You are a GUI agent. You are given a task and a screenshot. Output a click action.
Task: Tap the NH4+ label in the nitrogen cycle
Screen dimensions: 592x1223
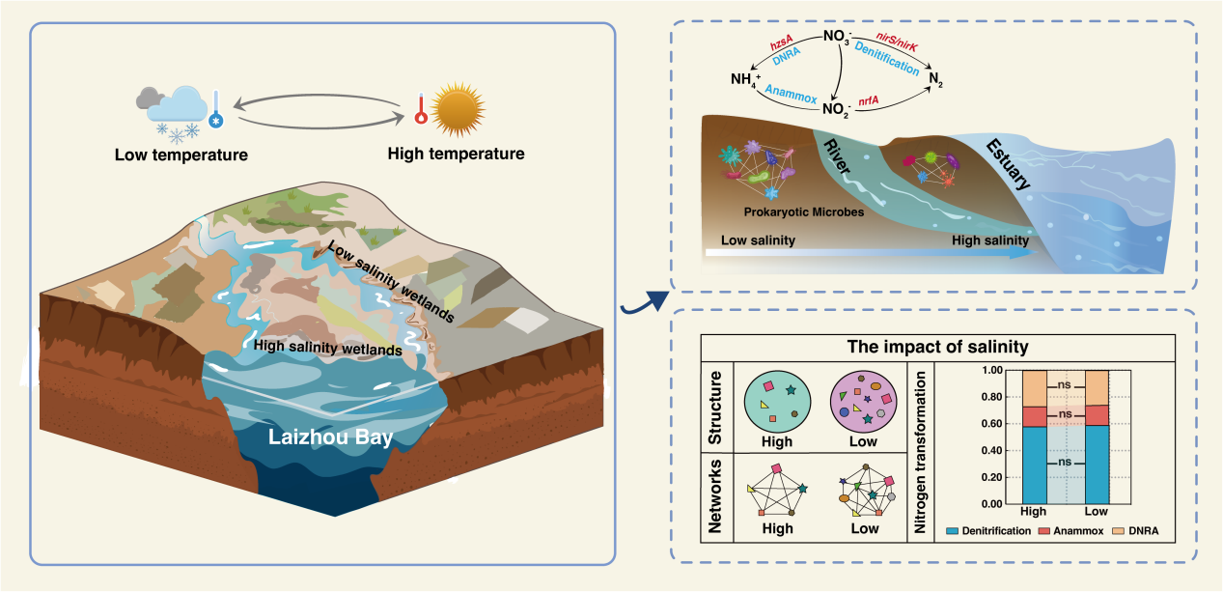(747, 78)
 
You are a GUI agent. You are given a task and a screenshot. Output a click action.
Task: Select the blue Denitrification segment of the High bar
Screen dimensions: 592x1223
(1034, 465)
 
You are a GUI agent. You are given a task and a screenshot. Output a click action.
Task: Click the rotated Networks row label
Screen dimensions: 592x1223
(715, 494)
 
